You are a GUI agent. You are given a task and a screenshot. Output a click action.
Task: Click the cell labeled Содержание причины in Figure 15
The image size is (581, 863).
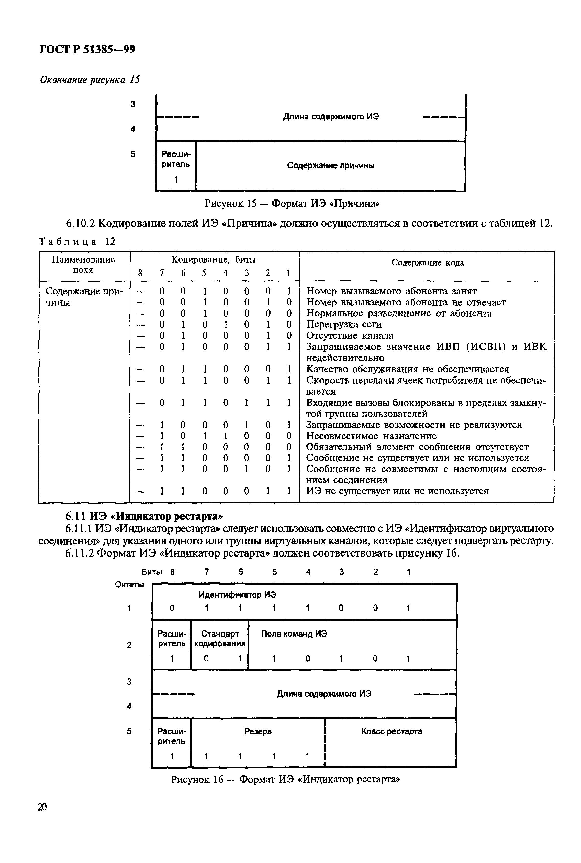(x=330, y=166)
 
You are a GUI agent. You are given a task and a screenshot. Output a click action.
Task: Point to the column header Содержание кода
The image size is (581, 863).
(x=427, y=263)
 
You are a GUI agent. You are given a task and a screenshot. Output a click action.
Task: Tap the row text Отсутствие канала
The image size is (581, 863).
(x=349, y=336)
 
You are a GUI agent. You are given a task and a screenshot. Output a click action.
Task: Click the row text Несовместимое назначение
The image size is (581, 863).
(x=371, y=436)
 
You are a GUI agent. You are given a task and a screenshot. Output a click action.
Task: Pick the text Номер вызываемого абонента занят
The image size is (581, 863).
(x=391, y=291)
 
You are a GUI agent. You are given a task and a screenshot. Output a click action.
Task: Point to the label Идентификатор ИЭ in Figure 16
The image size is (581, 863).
(x=237, y=595)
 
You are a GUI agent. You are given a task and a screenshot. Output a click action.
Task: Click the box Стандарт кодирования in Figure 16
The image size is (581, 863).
(x=220, y=638)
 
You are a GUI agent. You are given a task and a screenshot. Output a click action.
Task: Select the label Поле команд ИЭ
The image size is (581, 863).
(x=294, y=634)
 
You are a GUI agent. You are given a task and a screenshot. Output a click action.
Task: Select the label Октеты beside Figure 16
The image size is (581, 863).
(x=129, y=584)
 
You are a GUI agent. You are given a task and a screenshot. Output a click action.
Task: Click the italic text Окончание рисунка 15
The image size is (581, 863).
(x=90, y=80)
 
